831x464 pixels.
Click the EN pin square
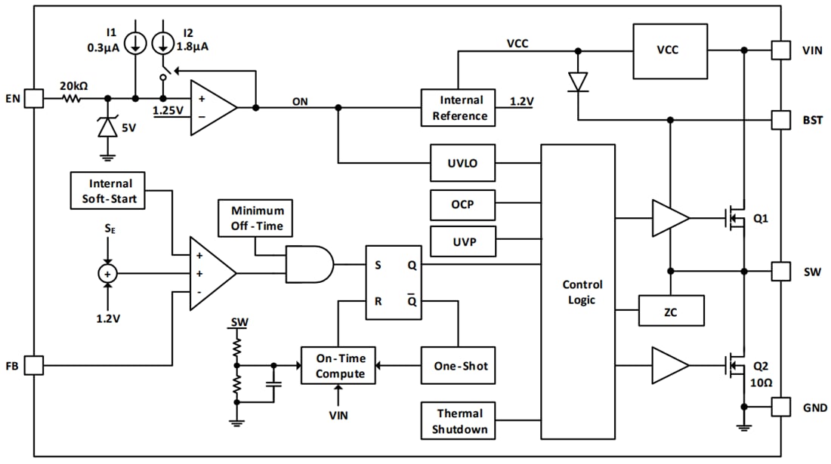[x=34, y=98]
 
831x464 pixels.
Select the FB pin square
[x=34, y=366]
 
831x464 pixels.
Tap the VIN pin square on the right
[x=780, y=51]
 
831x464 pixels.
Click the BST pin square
[x=780, y=119]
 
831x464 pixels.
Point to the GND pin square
[x=780, y=407]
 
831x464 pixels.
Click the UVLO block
[x=462, y=163]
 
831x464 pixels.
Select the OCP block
[x=462, y=204]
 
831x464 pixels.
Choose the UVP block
[x=462, y=241]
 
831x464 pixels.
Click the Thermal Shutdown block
[x=459, y=421]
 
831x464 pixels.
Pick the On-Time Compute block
[x=338, y=366]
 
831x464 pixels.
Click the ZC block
[x=671, y=310]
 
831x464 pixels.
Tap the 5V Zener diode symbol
[x=109, y=128]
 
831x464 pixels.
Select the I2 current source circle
[x=162, y=42]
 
